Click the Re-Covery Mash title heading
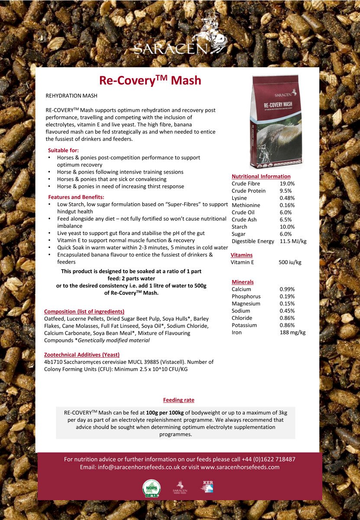click(150, 81)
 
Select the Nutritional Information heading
click(261, 176)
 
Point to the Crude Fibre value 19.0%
click(287, 184)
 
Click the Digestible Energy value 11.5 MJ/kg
click(293, 241)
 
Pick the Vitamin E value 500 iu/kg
click(290, 263)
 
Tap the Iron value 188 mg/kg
click(292, 333)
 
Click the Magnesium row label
click(246, 304)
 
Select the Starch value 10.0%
click(287, 227)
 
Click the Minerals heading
click(243, 282)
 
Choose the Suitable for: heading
click(63, 150)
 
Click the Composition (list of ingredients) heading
click(84, 312)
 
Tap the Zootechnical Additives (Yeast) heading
click(82, 354)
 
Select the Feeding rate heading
click(178, 400)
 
